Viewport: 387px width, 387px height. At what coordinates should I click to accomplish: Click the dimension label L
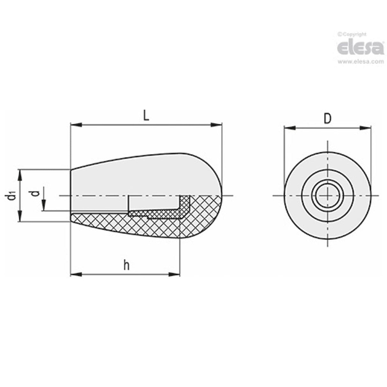pyautogui.click(x=146, y=115)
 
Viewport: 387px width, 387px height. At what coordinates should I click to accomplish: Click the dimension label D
pyautogui.click(x=327, y=118)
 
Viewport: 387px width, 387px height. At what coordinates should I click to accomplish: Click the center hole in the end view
pyautogui.click(x=327, y=195)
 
